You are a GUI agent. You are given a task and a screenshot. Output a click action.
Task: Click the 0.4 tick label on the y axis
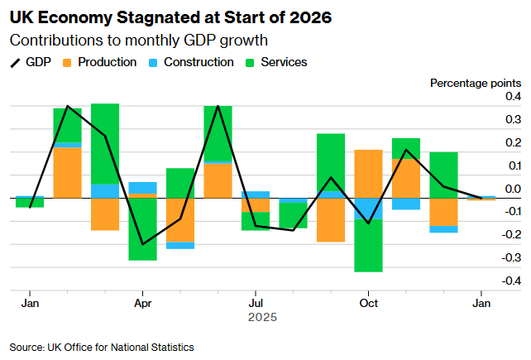click(512, 97)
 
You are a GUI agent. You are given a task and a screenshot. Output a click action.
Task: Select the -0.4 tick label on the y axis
click(510, 281)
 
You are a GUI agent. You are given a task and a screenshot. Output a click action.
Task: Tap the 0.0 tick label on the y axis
click(512, 190)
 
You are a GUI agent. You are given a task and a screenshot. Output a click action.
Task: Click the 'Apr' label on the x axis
click(142, 303)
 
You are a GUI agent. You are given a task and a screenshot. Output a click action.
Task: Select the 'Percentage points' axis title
click(476, 83)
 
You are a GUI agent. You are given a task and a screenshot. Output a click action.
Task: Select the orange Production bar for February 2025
click(67, 172)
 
